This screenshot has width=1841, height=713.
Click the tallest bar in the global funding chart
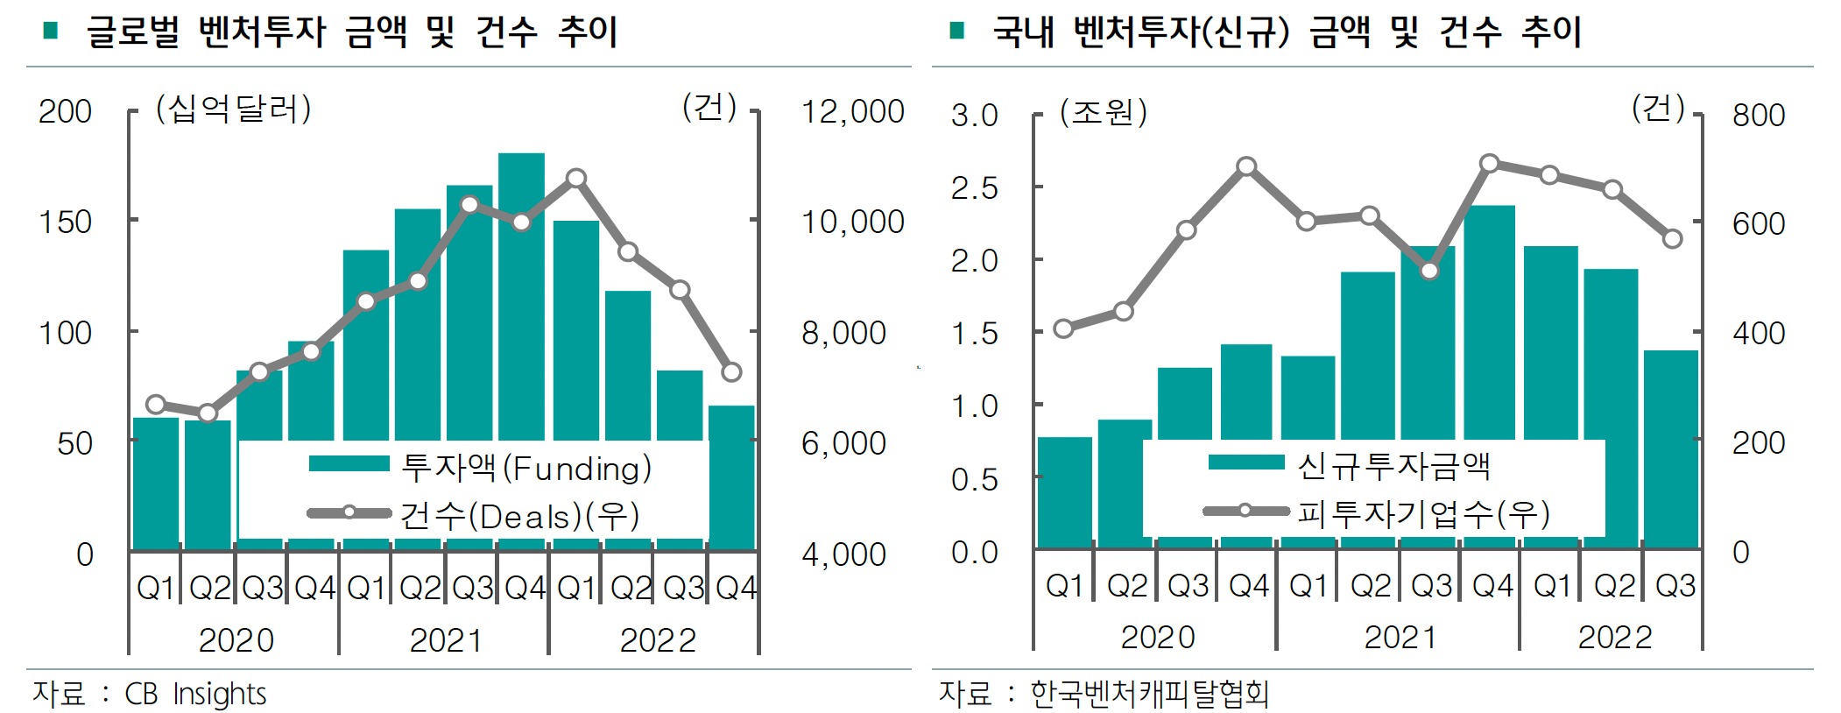(x=521, y=298)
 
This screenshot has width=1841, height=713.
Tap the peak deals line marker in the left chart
(x=575, y=179)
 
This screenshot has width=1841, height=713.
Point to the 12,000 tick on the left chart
(x=852, y=112)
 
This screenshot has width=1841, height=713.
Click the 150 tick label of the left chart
(x=66, y=222)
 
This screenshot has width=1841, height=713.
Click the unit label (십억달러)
(x=233, y=109)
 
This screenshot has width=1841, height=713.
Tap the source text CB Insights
(x=195, y=694)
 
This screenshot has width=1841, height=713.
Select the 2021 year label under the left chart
(x=445, y=640)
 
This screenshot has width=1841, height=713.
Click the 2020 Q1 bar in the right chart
(x=1064, y=492)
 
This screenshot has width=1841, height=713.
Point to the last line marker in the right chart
(x=1672, y=239)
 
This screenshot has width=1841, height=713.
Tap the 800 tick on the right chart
(x=1758, y=116)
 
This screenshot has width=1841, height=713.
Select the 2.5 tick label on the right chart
(x=974, y=188)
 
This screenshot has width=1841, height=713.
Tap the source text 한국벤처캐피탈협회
(x=1148, y=694)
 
